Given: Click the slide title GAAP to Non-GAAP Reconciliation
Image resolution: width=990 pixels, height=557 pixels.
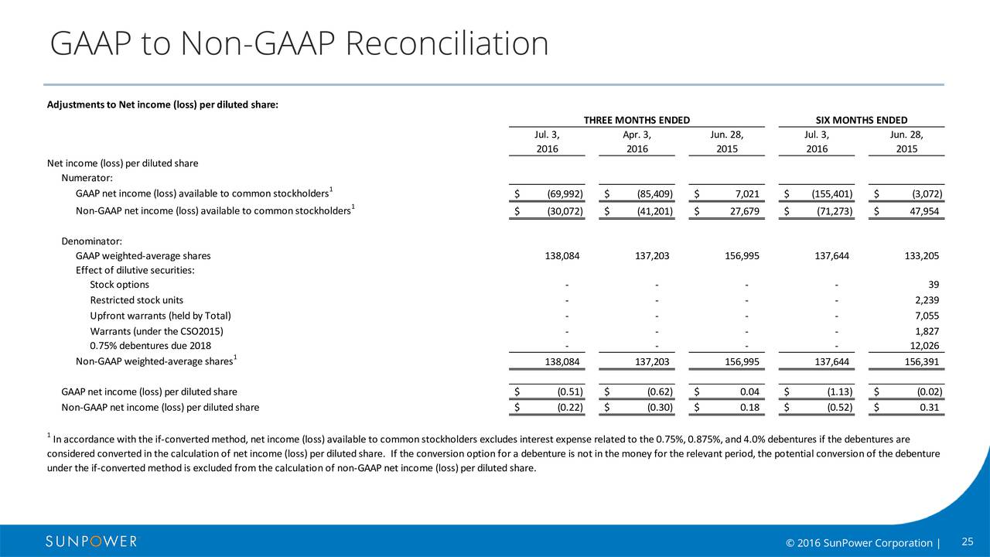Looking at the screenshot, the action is pyautogui.click(x=299, y=44).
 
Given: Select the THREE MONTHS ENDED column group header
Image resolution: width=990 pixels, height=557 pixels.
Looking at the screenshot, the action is pyautogui.click(x=637, y=120).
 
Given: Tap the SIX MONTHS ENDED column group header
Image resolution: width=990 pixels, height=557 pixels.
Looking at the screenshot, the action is pyautogui.click(x=862, y=120).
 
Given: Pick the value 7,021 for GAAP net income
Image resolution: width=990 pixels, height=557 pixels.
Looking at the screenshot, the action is pyautogui.click(x=747, y=194).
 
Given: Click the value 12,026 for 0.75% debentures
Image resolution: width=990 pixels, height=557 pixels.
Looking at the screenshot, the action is pyautogui.click(x=924, y=346).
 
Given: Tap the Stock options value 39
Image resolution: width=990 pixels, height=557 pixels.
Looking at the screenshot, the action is pyautogui.click(x=934, y=285).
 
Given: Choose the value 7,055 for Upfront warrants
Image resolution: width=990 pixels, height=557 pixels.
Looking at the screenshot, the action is pyautogui.click(x=927, y=316).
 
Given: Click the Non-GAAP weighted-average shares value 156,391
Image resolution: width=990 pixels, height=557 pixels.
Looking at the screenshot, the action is pyautogui.click(x=921, y=362).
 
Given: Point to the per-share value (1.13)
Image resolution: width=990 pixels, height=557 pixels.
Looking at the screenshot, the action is pyautogui.click(x=840, y=392).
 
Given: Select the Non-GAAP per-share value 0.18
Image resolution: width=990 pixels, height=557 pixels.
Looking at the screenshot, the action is pyautogui.click(x=749, y=408).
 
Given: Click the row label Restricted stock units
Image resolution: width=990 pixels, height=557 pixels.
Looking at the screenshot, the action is pyautogui.click(x=137, y=300).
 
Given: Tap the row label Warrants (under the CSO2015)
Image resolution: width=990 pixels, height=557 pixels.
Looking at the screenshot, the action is pyautogui.click(x=156, y=331).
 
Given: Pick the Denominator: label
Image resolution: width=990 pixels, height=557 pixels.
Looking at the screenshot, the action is pyautogui.click(x=91, y=241).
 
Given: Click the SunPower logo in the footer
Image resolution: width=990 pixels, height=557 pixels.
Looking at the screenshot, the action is pyautogui.click(x=91, y=542).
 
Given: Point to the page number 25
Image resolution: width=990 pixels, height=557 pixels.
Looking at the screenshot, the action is pyautogui.click(x=968, y=542).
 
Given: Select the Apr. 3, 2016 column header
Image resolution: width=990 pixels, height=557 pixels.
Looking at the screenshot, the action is pyautogui.click(x=637, y=142).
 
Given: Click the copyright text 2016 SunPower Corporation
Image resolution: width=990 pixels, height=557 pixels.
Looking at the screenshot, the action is pyautogui.click(x=859, y=543).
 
